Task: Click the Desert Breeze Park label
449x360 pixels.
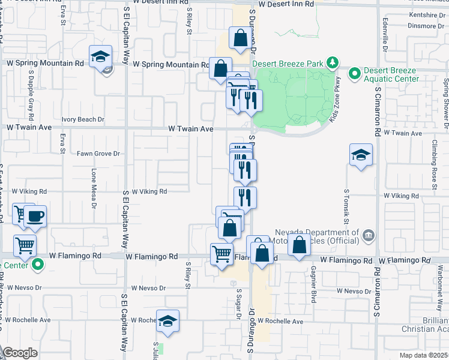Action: pyautogui.click(x=286, y=64)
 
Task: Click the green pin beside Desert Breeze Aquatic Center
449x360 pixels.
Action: pyautogui.click(x=355, y=74)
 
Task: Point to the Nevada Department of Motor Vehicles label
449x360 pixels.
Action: pyautogui.click(x=317, y=237)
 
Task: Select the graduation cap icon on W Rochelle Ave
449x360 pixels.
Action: pyautogui.click(x=168, y=322)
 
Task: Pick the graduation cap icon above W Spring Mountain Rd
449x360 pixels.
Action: pyautogui.click(x=100, y=57)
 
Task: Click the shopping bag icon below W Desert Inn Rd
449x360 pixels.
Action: pyautogui.click(x=240, y=38)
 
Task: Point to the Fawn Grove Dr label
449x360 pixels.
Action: pyautogui.click(x=98, y=154)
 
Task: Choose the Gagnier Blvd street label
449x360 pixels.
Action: pyautogui.click(x=313, y=286)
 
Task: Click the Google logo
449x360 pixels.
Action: pyautogui.click(x=20, y=353)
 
